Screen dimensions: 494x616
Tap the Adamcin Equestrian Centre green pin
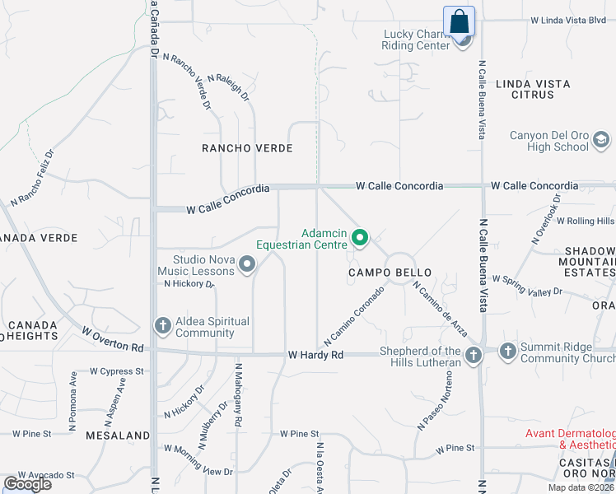point(360,238)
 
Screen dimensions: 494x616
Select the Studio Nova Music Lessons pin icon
point(247,264)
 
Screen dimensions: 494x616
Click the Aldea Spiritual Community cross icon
point(162,326)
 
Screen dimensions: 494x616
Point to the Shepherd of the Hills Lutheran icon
point(473,356)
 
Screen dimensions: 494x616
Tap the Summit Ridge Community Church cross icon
point(507,352)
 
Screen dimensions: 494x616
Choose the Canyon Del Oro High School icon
point(601,141)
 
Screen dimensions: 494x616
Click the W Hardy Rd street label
point(315,355)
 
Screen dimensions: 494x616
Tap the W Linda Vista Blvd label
point(568,20)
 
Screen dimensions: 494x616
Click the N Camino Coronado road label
point(355,315)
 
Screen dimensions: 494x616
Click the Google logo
point(28,484)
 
